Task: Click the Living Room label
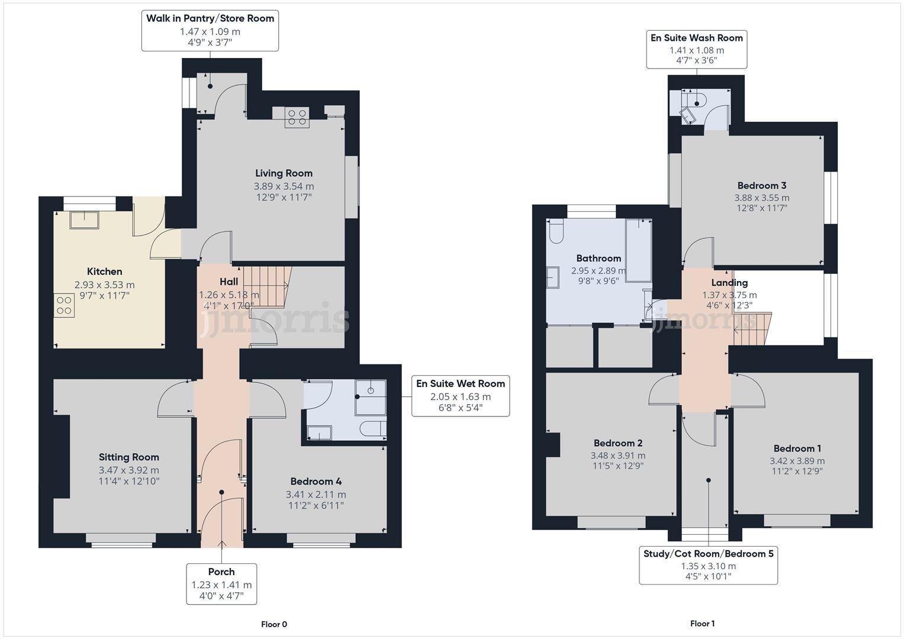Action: click(x=284, y=173)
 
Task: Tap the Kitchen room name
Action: click(x=105, y=272)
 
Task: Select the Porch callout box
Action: click(x=221, y=583)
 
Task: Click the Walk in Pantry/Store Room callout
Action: click(x=210, y=30)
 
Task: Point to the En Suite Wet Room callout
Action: click(x=461, y=396)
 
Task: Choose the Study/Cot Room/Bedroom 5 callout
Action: click(x=708, y=565)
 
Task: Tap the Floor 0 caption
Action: click(x=274, y=624)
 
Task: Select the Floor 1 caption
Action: click(x=702, y=624)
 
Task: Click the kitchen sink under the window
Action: click(x=84, y=220)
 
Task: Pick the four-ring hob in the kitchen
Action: click(x=64, y=306)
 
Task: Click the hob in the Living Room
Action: click(x=297, y=117)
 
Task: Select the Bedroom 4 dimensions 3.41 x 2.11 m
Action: click(x=316, y=495)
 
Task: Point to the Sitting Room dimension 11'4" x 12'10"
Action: click(x=129, y=481)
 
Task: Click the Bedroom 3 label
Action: click(x=761, y=186)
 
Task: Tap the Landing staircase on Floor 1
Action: click(x=752, y=329)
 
